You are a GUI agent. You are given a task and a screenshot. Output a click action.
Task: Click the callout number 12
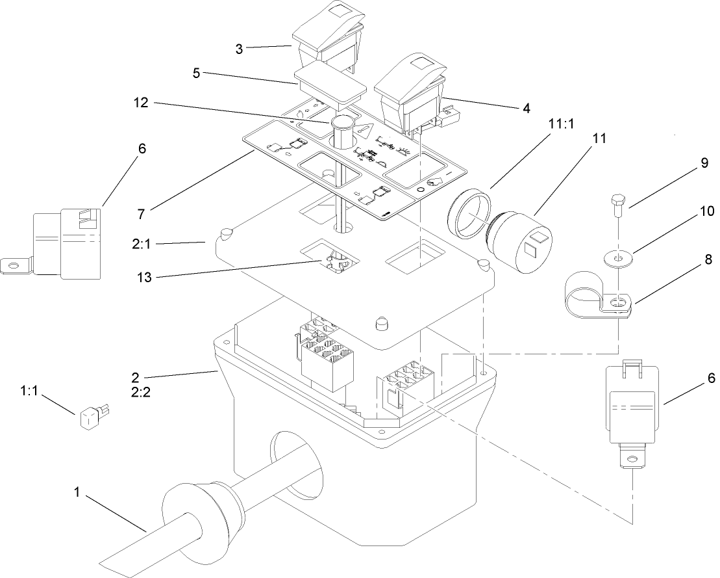141,103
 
